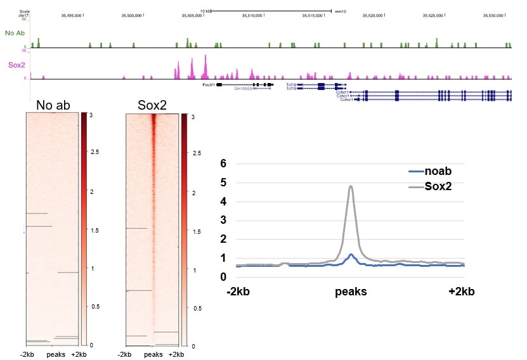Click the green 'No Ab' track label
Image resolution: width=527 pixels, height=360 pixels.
point(13,32)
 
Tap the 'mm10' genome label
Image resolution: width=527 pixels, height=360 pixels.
point(339,11)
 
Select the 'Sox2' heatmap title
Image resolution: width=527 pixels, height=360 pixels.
point(152,105)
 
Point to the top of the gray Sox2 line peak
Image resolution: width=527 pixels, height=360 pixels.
point(351,186)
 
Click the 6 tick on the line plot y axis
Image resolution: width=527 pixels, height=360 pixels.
point(223,164)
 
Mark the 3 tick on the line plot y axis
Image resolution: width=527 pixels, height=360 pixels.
point(223,220)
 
